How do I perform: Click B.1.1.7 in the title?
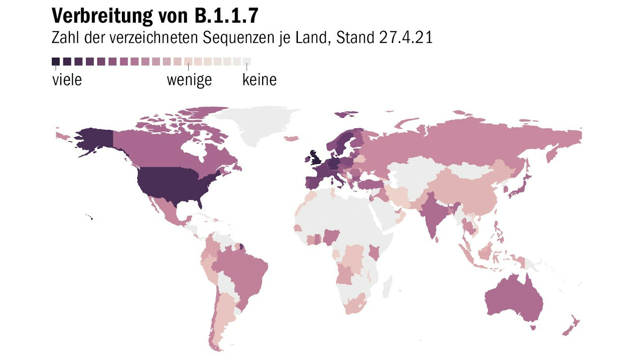[226, 16]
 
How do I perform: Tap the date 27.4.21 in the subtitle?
[406, 37]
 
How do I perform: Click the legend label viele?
[67, 80]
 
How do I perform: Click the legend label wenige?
[189, 80]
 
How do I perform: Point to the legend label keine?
[259, 80]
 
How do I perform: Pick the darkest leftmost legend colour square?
[56, 62]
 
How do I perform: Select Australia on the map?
[514, 299]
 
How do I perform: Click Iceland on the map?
[291, 138]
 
